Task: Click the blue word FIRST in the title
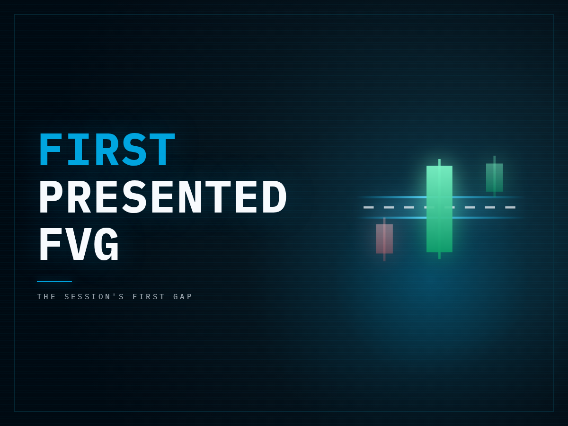coord(107,149)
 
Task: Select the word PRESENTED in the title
coord(163,196)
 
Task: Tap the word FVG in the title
coord(79,244)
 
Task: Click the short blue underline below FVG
coord(54,282)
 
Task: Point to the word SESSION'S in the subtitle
coord(94,296)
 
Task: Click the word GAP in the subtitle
coord(183,296)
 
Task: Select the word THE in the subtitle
coord(46,296)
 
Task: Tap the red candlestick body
coord(384,239)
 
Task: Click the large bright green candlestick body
coord(439,209)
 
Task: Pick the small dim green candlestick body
coord(495,177)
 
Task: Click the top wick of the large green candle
coord(439,162)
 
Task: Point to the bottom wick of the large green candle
coord(439,256)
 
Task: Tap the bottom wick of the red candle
coord(384,257)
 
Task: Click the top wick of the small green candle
coord(495,160)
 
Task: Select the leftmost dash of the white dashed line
coord(368,207)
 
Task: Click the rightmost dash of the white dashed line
coord(510,207)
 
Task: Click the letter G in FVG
coord(106,244)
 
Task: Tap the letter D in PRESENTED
coord(275,196)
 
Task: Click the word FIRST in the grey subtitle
coord(149,296)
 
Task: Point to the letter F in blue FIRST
coord(50,149)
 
